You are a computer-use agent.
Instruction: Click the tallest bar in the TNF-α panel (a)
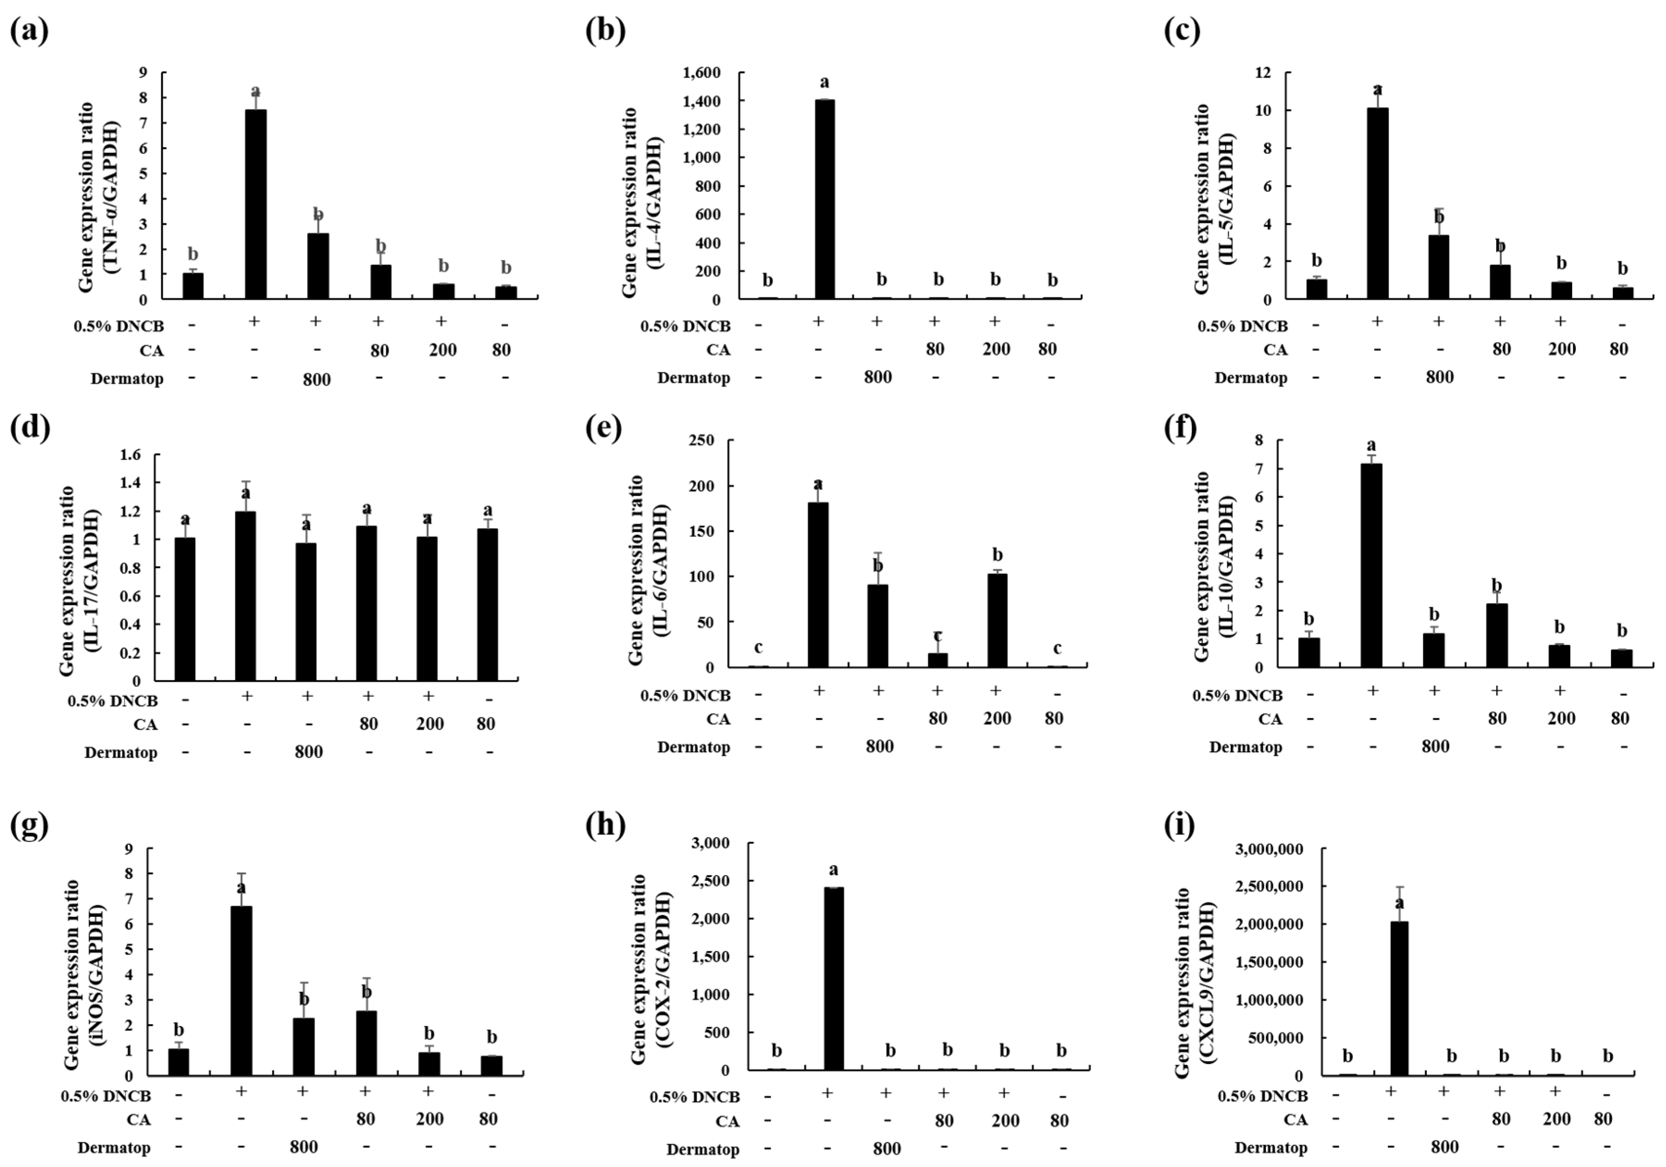tap(255, 204)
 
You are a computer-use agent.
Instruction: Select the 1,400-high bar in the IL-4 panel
tap(824, 199)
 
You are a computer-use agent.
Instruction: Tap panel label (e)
tap(605, 430)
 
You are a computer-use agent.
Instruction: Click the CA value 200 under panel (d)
tap(430, 724)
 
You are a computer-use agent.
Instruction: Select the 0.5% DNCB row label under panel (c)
tap(1242, 326)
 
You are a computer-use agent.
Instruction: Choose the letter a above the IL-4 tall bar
tap(824, 82)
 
